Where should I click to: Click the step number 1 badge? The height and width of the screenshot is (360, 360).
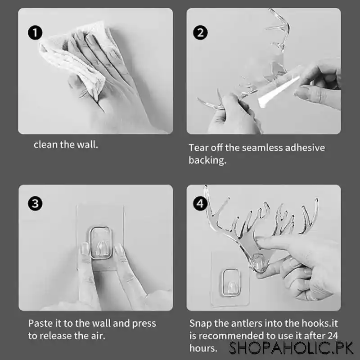tap(35, 32)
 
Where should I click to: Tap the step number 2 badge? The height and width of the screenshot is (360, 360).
tap(200, 32)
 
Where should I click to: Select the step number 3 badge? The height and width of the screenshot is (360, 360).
tap(35, 203)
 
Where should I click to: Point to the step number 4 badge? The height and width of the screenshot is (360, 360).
tap(200, 203)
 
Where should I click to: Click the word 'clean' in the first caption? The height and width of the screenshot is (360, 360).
tap(45, 144)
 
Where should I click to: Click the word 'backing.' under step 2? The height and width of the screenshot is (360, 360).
tap(207, 160)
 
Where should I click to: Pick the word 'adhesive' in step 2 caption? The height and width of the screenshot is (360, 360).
tap(305, 148)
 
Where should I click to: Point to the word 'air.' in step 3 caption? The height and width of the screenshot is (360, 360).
tap(97, 336)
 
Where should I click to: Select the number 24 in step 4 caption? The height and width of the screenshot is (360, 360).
tap(333, 336)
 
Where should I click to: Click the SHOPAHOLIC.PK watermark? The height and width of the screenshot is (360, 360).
tap(291, 348)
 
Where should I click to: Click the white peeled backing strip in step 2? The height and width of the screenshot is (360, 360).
tap(279, 92)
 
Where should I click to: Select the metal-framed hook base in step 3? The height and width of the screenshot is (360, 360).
tap(100, 243)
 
